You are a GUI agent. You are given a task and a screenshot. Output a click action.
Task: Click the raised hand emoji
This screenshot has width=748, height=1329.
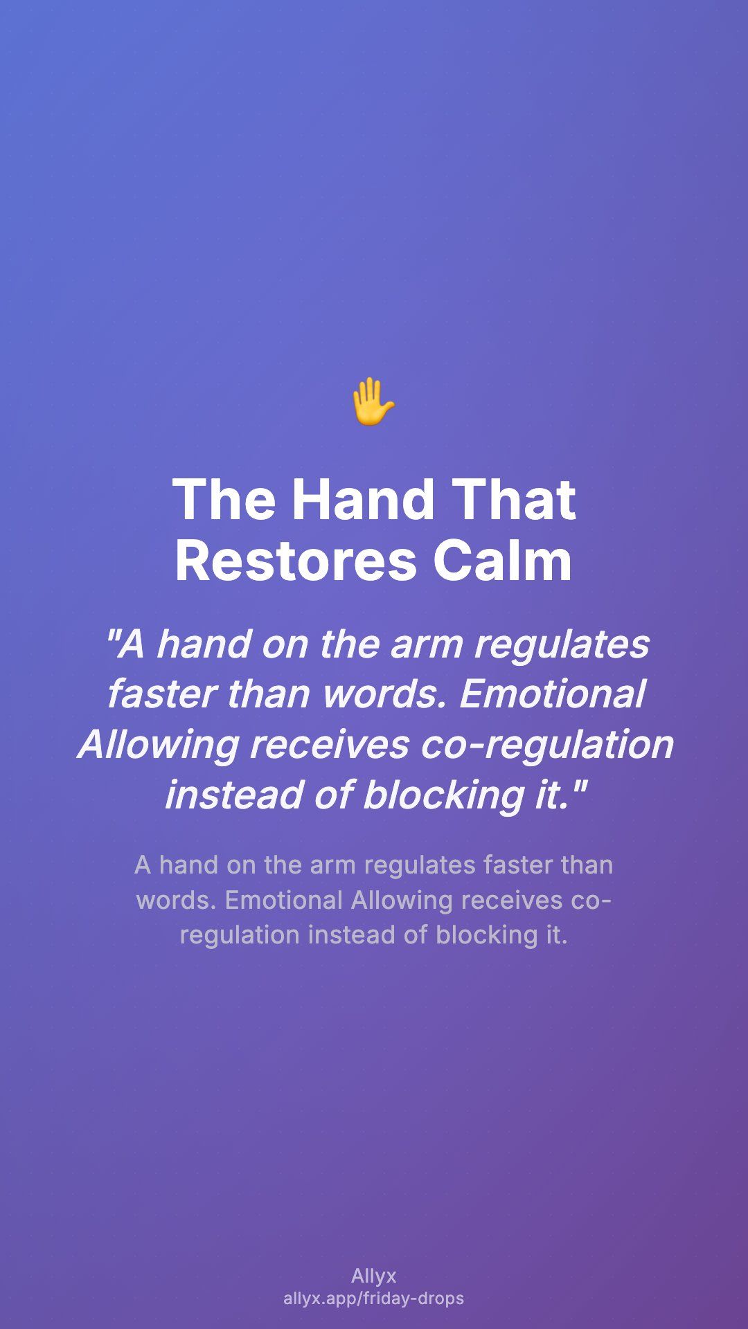coord(373,401)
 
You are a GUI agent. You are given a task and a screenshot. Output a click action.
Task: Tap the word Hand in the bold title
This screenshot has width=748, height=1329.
coord(363,499)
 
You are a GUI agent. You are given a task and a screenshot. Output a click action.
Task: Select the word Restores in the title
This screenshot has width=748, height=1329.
coord(296,560)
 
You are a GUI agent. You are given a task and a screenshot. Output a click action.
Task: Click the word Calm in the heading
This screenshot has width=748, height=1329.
coord(503,560)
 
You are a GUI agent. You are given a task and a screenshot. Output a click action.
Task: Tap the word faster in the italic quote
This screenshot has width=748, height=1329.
coord(160,694)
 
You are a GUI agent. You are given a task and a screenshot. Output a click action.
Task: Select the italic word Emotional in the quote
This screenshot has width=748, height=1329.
coord(552,694)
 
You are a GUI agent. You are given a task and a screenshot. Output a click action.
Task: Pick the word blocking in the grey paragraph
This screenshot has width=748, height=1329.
coord(487,935)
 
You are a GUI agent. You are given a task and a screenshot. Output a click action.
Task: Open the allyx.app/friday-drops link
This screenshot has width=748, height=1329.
coord(374,1299)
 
